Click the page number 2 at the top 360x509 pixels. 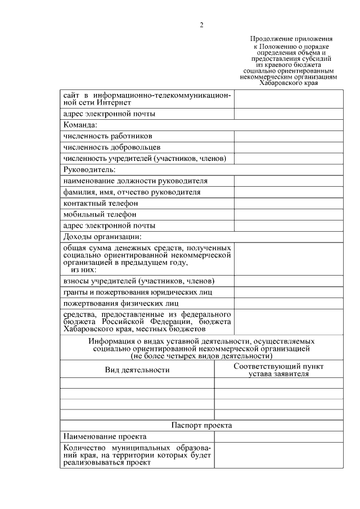tap(201, 25)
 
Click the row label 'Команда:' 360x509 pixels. tap(81, 125)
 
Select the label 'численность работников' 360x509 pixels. tap(108, 136)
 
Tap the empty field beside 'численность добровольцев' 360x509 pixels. tap(289, 147)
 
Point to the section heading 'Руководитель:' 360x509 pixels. tap(89, 169)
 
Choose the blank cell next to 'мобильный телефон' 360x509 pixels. tap(289, 214)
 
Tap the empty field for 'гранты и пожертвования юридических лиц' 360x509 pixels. tap(289, 292)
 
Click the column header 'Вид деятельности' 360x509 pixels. tap(137, 370)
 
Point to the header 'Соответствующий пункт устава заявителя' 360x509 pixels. tap(278, 370)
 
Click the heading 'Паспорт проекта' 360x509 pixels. tap(201, 425)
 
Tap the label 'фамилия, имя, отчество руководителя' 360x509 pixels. tap(132, 192)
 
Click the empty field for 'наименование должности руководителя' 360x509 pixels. tap(289, 181)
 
